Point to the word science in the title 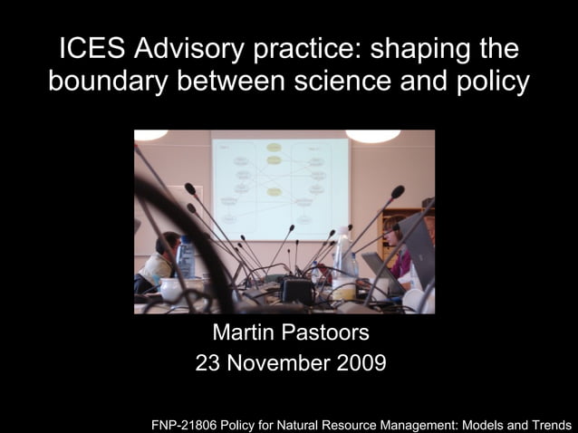tap(343, 82)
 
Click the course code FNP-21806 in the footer tap(190, 423)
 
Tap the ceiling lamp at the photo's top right tap(372, 136)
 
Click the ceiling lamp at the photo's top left tap(151, 135)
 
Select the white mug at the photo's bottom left tap(169, 289)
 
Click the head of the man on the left tap(169, 244)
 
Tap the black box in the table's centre tap(297, 291)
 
